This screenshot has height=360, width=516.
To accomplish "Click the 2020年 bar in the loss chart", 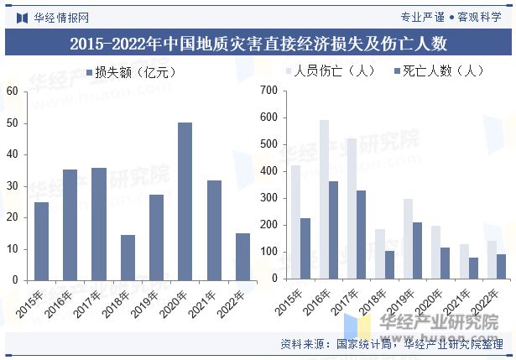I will click(x=185, y=201).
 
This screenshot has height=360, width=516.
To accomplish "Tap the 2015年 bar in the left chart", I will click(x=41, y=241).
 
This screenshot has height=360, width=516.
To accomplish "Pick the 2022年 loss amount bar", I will click(x=242, y=256).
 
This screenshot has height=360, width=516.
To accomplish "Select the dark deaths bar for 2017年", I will click(x=362, y=234).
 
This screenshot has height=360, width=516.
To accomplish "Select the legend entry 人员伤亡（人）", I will click(x=327, y=71).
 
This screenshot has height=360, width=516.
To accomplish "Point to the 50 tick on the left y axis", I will click(x=12, y=123).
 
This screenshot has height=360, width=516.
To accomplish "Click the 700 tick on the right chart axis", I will click(x=268, y=91).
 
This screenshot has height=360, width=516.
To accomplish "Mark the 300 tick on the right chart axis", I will click(x=268, y=198).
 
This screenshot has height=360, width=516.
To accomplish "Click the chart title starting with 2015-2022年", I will click(x=258, y=44).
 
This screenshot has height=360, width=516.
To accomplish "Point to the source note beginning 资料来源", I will click(x=391, y=344).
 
